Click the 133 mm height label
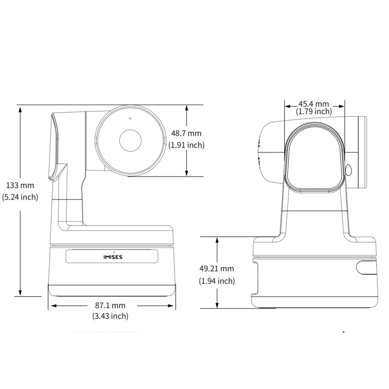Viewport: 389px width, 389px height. (x=20, y=185)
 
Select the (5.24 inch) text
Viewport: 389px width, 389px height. (x=20, y=197)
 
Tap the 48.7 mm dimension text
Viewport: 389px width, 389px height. (x=186, y=133)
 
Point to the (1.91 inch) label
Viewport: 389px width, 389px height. (x=186, y=145)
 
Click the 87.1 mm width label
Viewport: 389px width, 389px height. (x=110, y=305)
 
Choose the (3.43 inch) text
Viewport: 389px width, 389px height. (x=110, y=316)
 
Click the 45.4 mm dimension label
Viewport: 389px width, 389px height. (x=314, y=104)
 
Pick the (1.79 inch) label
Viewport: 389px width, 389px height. (x=314, y=111)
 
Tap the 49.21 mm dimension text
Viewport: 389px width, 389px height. (x=216, y=268)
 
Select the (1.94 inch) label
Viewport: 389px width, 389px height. (x=216, y=281)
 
